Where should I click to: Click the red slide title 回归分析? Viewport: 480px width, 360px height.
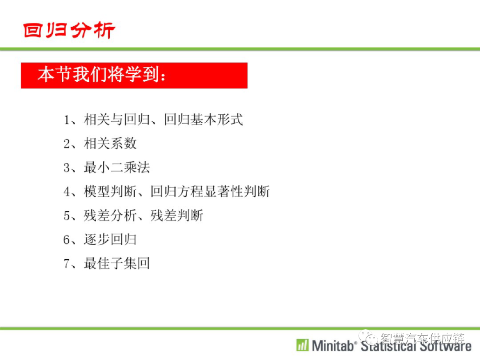69,30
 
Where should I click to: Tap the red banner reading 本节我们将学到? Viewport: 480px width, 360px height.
134,76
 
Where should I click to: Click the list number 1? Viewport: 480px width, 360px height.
67,120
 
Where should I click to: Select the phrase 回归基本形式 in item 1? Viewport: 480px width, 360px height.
203,120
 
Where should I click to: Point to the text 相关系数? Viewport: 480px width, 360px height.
110,143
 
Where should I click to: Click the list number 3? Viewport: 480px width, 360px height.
67,168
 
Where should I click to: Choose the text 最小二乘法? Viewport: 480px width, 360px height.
117,168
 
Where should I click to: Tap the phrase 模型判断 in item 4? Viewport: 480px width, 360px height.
110,191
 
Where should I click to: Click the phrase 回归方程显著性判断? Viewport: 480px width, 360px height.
210,191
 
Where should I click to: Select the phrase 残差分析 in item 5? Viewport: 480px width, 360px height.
110,216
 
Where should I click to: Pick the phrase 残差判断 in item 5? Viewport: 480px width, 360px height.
176,216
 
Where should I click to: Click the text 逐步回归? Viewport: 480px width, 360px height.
110,240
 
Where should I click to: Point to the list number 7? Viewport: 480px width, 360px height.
67,264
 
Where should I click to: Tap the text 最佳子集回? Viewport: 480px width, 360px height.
117,263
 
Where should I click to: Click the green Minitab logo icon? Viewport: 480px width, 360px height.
303,345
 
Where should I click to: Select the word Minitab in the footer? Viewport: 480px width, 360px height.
333,346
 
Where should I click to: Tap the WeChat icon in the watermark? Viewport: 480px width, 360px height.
368,337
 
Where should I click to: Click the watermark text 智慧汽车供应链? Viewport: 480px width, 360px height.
423,338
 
